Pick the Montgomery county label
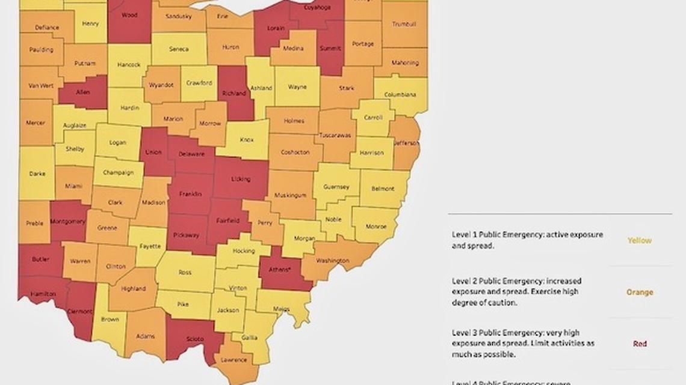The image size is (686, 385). (x=68, y=221)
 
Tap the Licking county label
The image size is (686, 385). (x=241, y=180)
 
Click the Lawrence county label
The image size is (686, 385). (x=233, y=360)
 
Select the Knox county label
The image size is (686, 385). (x=246, y=140)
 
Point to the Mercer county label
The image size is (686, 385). (x=36, y=123)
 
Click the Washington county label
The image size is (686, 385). (x=332, y=261)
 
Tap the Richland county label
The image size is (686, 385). (x=233, y=94)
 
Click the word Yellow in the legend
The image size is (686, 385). (x=639, y=240)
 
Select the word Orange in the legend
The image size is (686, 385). (x=639, y=293)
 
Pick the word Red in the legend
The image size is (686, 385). (x=639, y=344)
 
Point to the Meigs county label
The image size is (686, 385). (x=281, y=309)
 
